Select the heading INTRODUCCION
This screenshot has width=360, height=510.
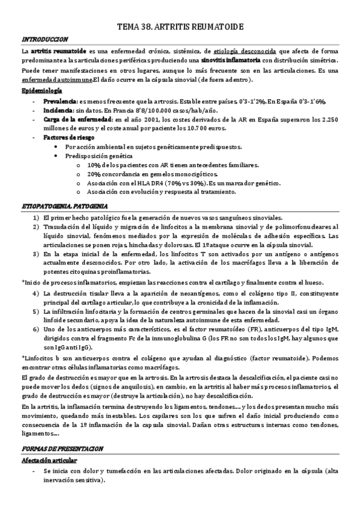(44, 39)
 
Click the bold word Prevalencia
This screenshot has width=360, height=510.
(60, 101)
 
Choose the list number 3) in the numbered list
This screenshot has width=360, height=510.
(37, 254)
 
